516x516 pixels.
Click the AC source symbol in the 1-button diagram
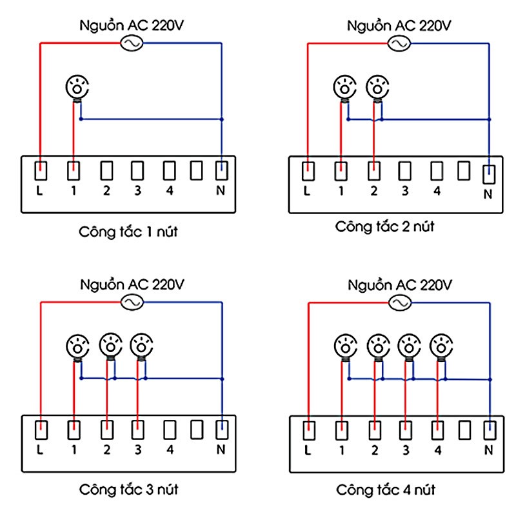coord(132,43)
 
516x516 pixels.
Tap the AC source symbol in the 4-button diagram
coord(399,303)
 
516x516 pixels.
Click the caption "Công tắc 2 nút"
coord(384,226)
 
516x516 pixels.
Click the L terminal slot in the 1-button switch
coord(41,171)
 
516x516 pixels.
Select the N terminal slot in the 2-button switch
coord(490,173)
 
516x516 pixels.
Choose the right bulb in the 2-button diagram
coord(377,86)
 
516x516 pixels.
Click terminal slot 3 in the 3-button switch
coord(137,430)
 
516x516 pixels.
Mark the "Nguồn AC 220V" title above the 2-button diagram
coord(399,26)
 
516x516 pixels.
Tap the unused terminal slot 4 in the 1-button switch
coord(169,171)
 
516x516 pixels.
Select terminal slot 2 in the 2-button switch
coord(373,171)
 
